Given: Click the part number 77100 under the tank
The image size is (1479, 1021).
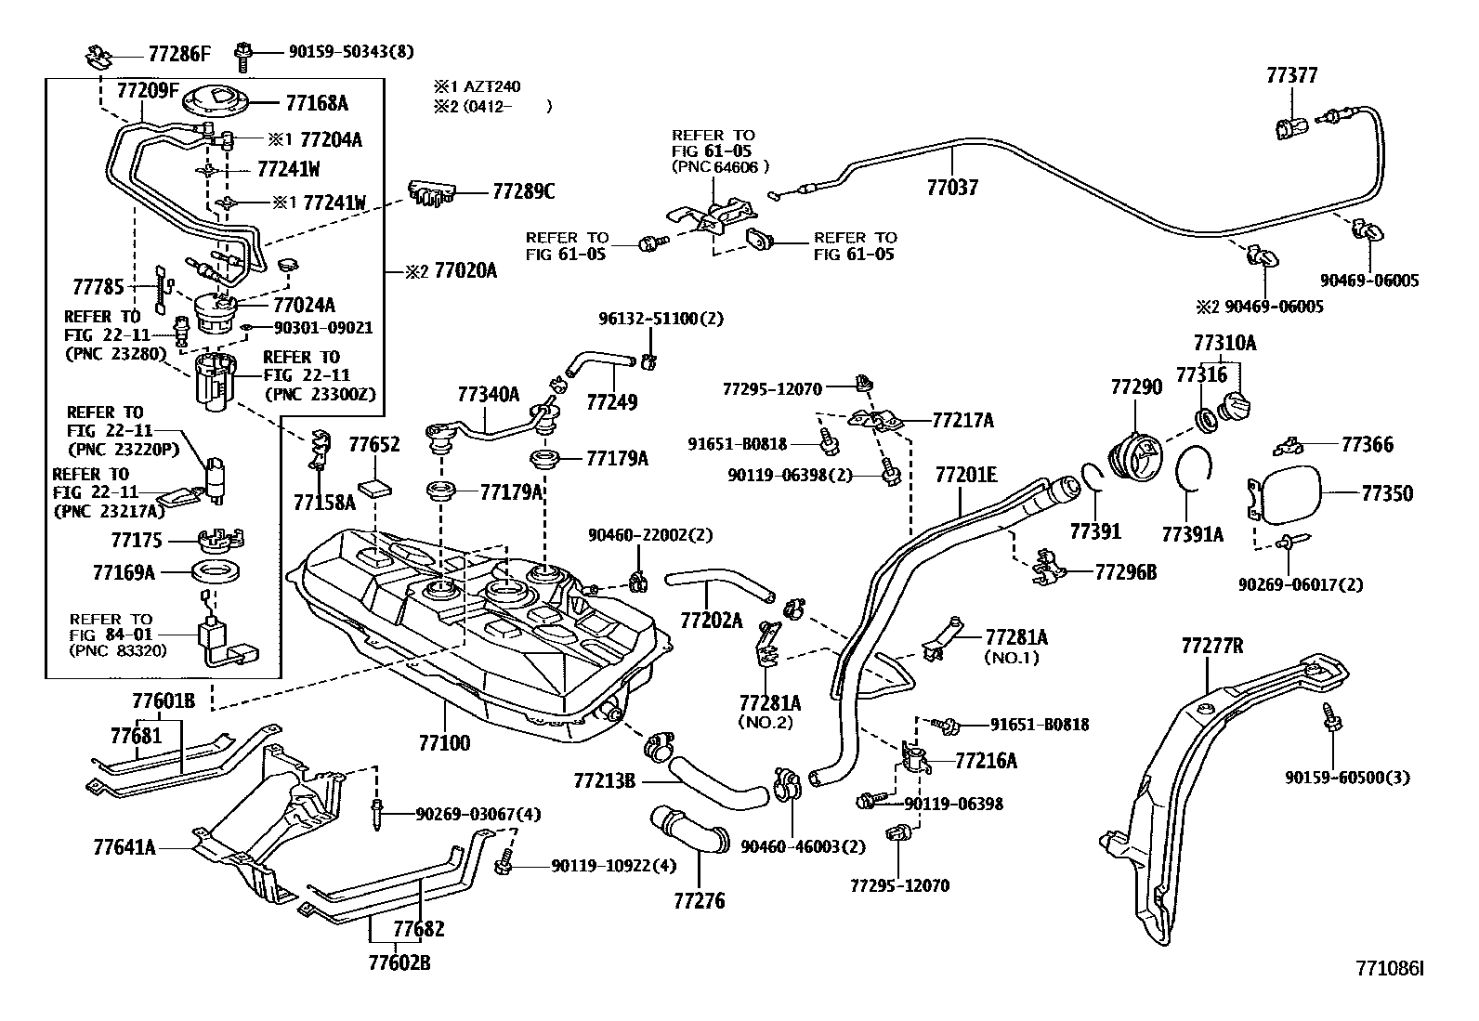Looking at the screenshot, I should [x=443, y=743].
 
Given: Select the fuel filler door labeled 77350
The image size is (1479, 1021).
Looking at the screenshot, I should [x=1285, y=494].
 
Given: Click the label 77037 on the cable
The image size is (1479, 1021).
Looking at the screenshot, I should [x=952, y=188].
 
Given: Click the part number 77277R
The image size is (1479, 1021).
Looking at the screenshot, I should [x=1211, y=646].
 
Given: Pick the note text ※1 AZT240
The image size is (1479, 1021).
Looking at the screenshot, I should [x=477, y=86].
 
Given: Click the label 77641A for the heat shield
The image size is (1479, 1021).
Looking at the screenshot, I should [x=124, y=847].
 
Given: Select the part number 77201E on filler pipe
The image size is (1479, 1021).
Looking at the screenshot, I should [x=964, y=476].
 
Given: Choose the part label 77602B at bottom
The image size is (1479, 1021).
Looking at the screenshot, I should [x=399, y=962].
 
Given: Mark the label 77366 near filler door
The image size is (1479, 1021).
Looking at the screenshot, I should [x=1367, y=445].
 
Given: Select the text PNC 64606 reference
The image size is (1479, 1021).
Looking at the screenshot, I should [x=719, y=167].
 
